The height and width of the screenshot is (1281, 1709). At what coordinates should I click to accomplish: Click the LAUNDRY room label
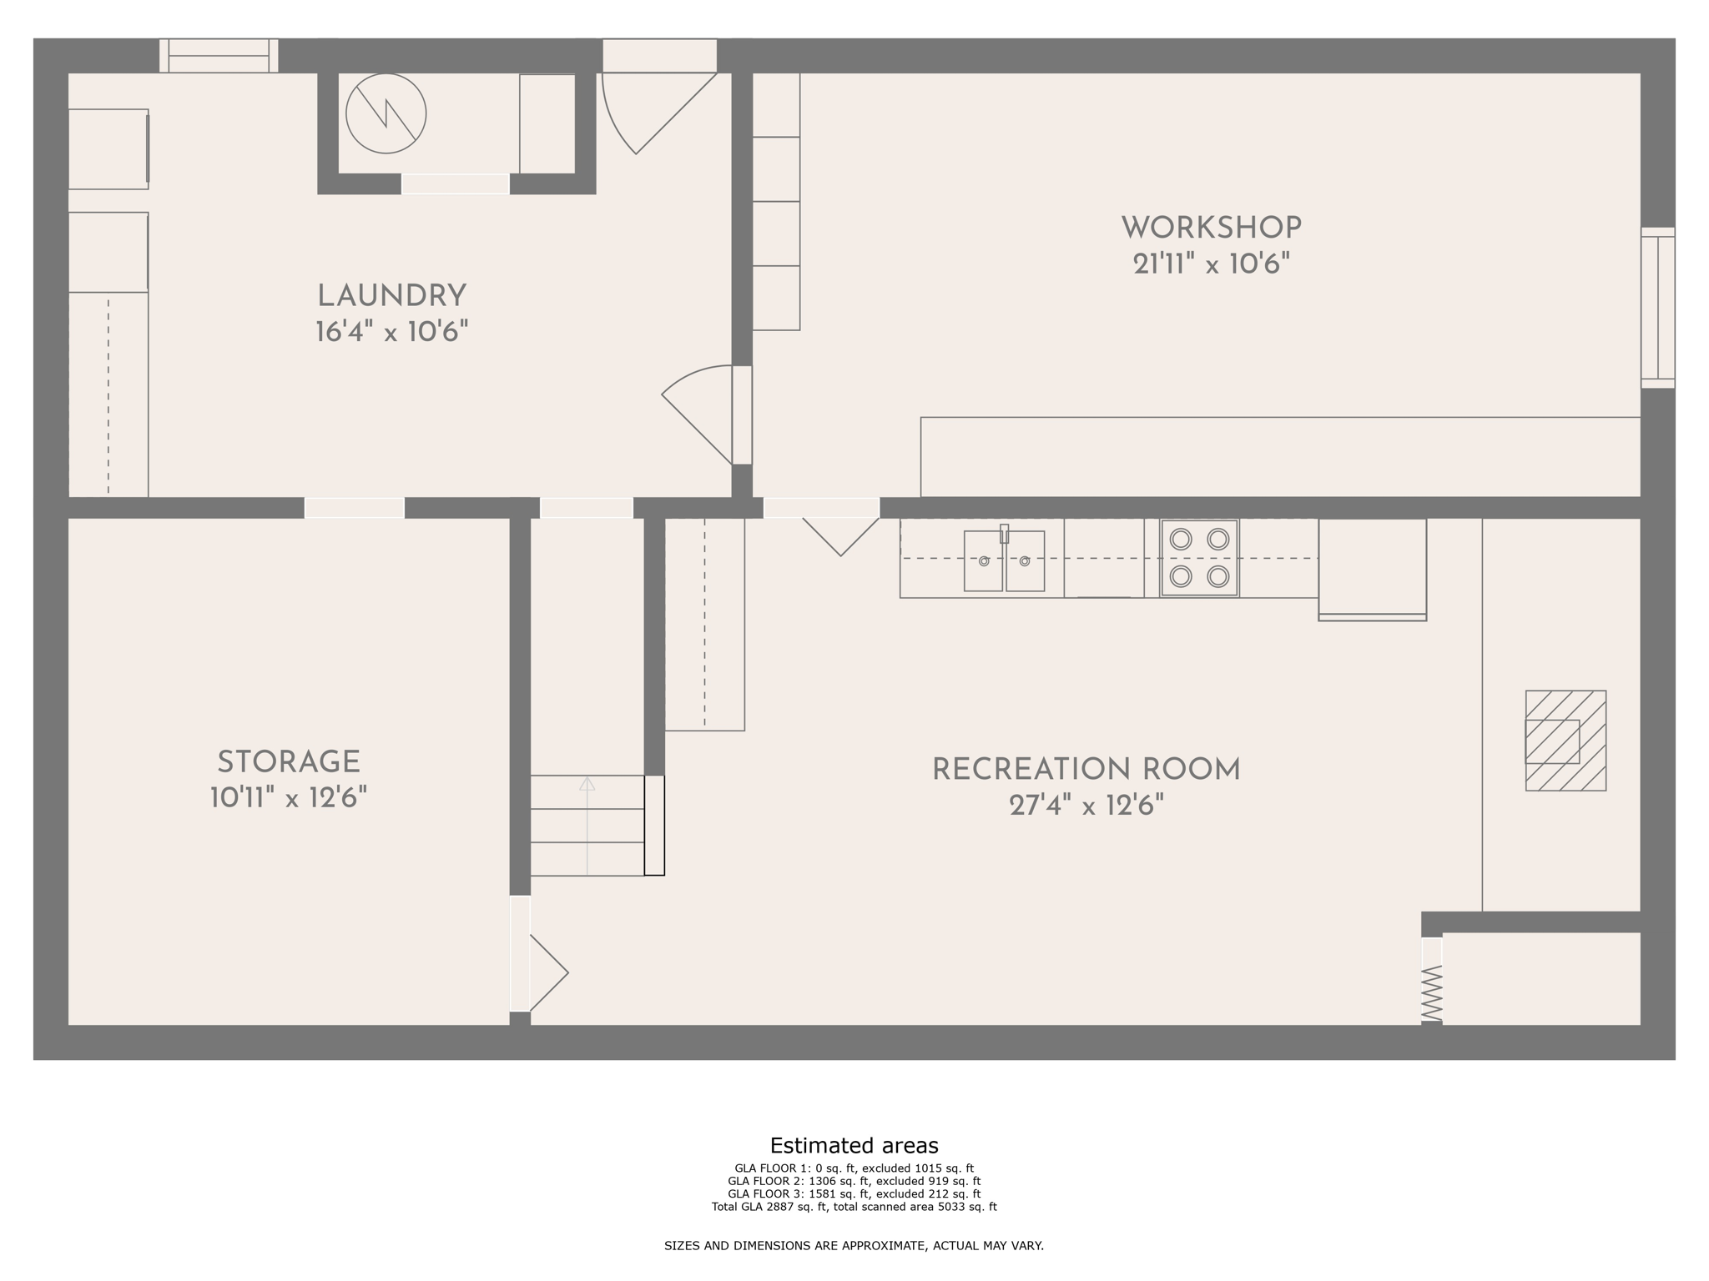pyautogui.click(x=391, y=296)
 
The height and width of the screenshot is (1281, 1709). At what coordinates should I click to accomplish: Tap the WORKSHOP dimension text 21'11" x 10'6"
pyautogui.click(x=1211, y=265)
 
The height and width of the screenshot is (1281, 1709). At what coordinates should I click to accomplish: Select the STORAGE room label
pyautogui.click(x=289, y=762)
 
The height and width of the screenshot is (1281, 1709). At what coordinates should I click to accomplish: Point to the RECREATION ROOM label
pyautogui.click(x=1086, y=770)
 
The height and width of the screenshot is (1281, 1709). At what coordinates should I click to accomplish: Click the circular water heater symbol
pyautogui.click(x=386, y=113)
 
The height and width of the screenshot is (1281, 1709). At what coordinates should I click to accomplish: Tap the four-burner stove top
pyautogui.click(x=1199, y=558)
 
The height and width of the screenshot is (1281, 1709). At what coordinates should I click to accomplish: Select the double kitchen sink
pyautogui.click(x=1004, y=560)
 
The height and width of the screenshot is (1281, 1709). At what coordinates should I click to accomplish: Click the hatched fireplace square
pyautogui.click(x=1565, y=741)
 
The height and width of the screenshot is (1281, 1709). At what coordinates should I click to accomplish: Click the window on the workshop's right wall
pyautogui.click(x=1657, y=308)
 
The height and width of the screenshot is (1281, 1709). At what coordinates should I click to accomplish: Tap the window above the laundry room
pyautogui.click(x=219, y=56)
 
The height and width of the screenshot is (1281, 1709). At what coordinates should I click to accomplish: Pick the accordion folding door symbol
pyautogui.click(x=1431, y=992)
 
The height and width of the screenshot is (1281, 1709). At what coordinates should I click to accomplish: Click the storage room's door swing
pyautogui.click(x=547, y=972)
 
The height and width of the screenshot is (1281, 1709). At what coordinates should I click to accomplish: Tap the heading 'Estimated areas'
pyautogui.click(x=854, y=1145)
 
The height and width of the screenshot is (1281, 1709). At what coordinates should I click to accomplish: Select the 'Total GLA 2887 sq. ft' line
pyautogui.click(x=854, y=1207)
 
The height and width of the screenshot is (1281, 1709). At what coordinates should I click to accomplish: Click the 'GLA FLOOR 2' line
pyautogui.click(x=854, y=1181)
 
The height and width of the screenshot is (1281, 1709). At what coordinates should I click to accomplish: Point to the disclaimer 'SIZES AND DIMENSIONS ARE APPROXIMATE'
pyautogui.click(x=854, y=1246)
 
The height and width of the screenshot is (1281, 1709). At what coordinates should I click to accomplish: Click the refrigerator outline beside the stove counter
pyautogui.click(x=1372, y=569)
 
